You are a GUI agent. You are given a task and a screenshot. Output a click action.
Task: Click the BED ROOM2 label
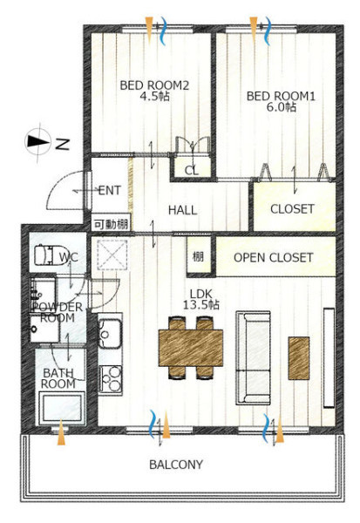(154, 85)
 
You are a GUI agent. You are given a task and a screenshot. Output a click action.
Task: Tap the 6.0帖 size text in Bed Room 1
(282, 107)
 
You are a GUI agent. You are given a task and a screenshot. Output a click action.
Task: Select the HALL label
(182, 210)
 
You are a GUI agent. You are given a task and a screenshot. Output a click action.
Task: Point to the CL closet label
(192, 171)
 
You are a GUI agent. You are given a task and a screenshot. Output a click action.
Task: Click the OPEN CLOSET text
(273, 257)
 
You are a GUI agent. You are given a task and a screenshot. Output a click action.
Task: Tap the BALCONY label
(176, 465)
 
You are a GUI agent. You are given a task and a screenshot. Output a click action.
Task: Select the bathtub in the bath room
(61, 408)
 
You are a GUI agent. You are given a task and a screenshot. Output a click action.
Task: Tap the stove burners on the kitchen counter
(111, 379)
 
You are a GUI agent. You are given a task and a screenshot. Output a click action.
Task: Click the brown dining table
(191, 348)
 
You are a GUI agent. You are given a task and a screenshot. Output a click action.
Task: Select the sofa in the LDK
(254, 357)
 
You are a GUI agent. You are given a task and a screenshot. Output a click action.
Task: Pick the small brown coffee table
(299, 358)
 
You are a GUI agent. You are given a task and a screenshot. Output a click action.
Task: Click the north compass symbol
(38, 141)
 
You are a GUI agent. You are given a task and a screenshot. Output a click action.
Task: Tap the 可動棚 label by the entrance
(111, 224)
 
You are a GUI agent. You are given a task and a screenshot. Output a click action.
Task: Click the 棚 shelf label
(198, 257)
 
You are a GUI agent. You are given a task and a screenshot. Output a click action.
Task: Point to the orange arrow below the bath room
(61, 432)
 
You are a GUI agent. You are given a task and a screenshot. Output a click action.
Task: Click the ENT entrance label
(110, 191)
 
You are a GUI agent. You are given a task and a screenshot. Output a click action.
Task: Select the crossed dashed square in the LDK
(112, 255)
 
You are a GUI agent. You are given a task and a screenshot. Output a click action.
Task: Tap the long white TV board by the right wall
(329, 357)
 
